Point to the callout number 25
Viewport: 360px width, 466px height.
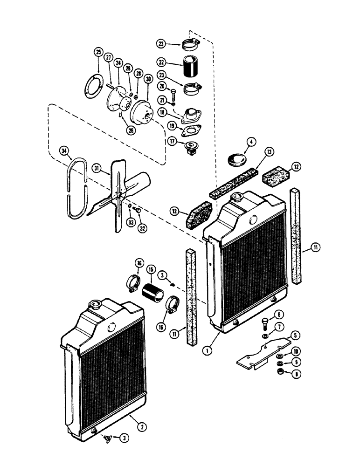click(x=97, y=52)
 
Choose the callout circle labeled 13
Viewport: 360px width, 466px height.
click(x=269, y=151)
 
